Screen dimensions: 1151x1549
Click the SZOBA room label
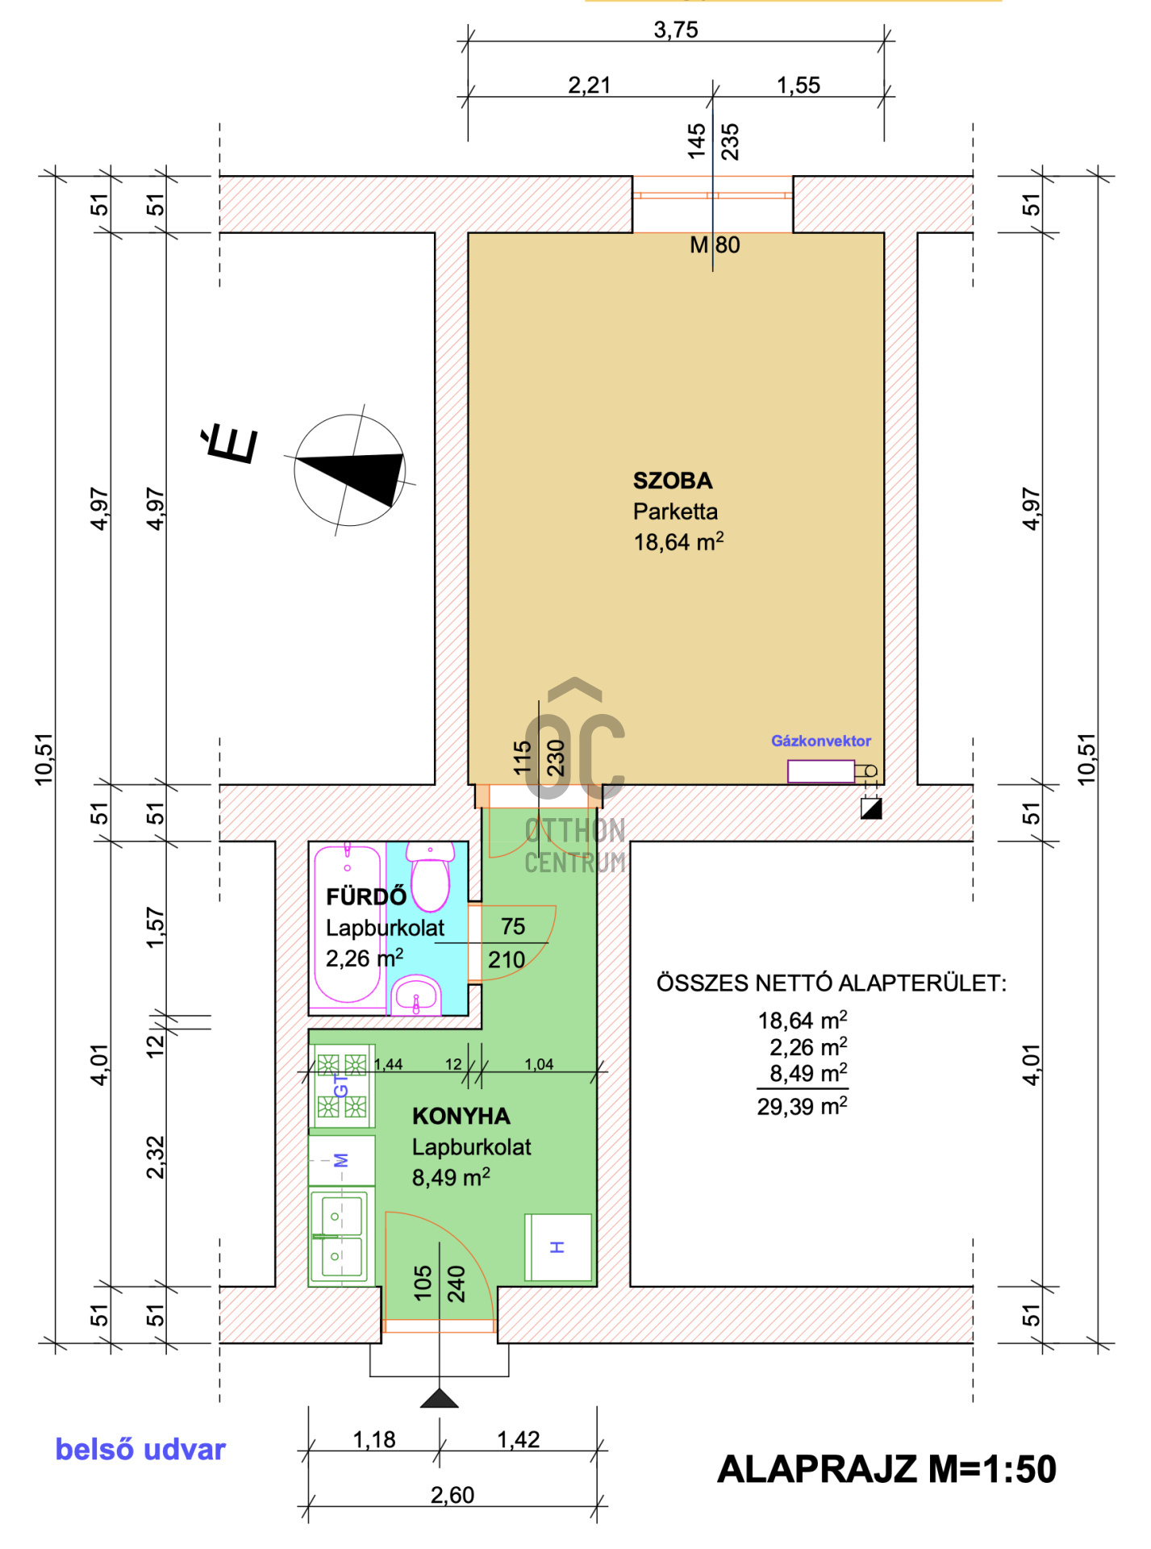click(673, 481)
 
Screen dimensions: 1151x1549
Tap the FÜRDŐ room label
click(366, 896)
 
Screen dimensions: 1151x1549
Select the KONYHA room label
click(461, 1117)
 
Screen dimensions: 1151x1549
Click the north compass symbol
click(350, 470)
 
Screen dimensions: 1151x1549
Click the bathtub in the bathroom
click(348, 925)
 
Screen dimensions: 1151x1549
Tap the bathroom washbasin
click(416, 996)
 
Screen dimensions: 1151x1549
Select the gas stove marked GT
click(342, 1086)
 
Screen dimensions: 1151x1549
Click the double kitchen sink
click(342, 1237)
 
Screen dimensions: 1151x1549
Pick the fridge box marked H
click(558, 1247)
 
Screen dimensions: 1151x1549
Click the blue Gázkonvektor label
click(821, 741)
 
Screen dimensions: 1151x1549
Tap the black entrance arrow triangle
click(440, 1398)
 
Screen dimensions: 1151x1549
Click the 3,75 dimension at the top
click(676, 30)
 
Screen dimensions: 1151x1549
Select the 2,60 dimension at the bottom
click(452, 1495)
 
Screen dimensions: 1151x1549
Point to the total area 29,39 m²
click(802, 1105)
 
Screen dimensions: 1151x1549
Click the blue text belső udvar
click(140, 1450)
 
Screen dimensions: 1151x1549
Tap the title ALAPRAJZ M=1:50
click(886, 1469)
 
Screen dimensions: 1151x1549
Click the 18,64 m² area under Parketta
click(678, 541)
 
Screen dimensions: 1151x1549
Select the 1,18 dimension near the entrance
click(374, 1439)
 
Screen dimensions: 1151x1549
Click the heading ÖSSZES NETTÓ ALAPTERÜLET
click(832, 983)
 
